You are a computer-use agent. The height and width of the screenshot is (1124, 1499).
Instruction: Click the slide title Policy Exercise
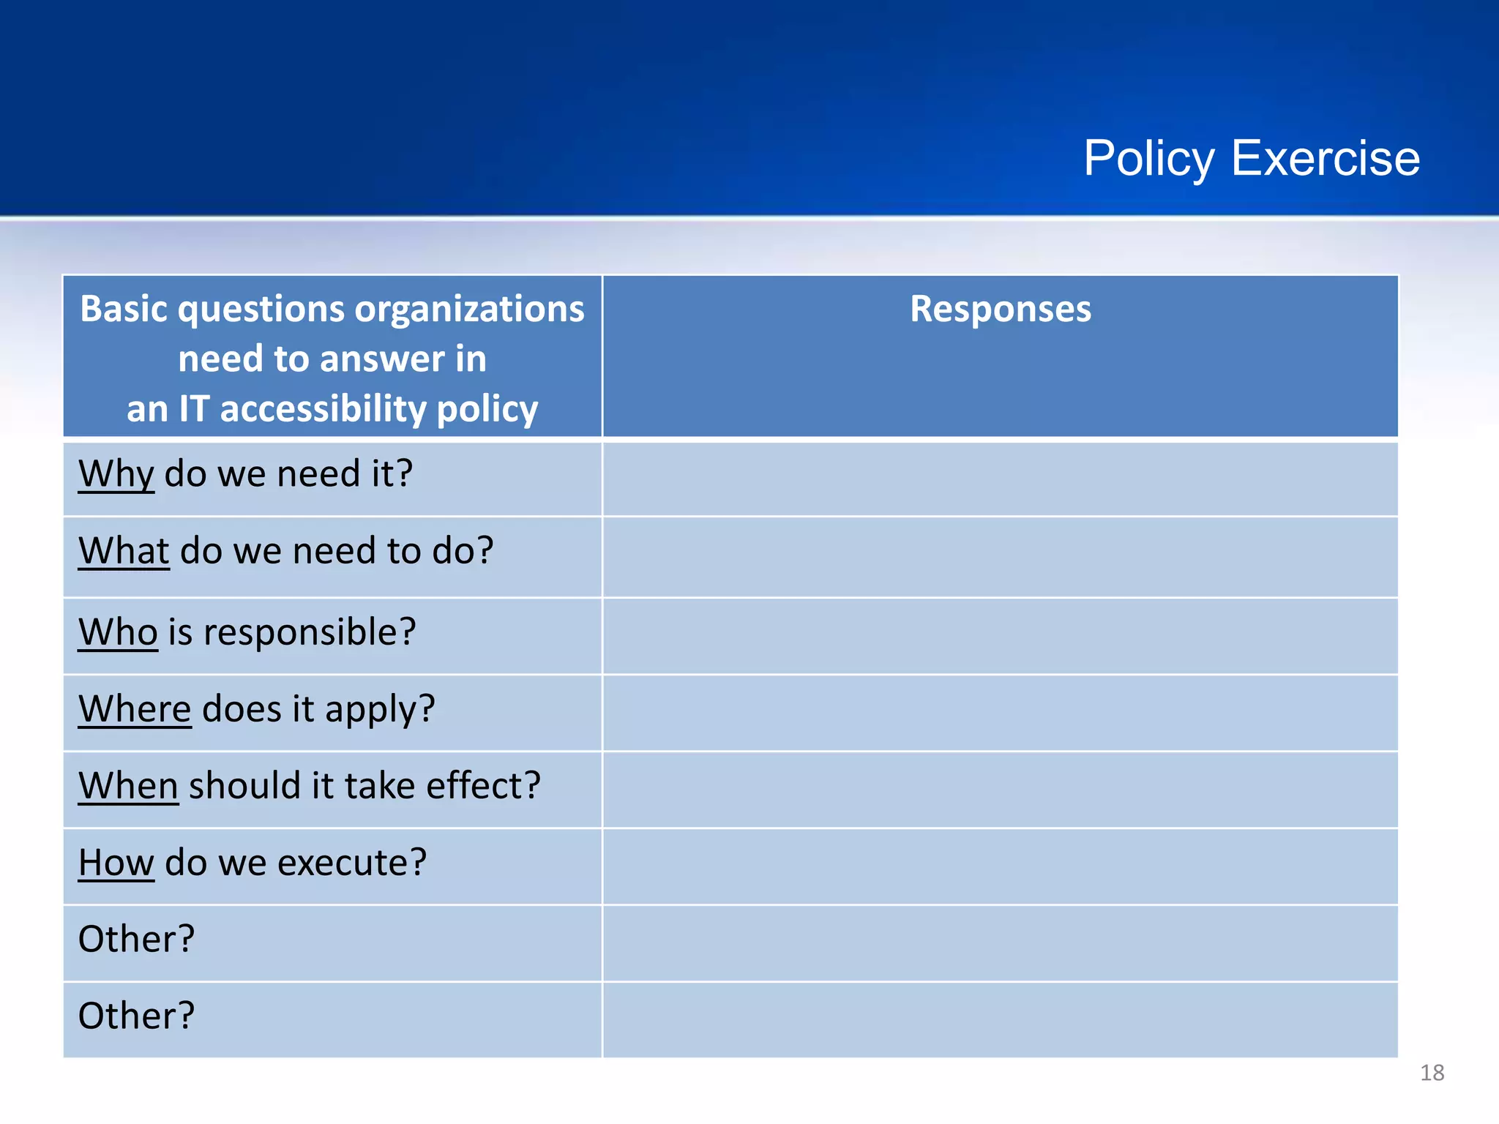(x=1251, y=159)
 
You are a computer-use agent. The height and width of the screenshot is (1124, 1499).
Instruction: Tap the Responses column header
(x=1000, y=309)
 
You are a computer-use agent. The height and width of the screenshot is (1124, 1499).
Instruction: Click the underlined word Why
(x=116, y=473)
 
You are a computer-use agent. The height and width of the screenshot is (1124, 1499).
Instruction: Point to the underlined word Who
(x=118, y=632)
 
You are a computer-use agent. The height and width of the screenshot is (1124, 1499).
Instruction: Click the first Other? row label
(x=136, y=939)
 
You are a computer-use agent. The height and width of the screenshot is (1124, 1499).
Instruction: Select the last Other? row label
(x=136, y=1016)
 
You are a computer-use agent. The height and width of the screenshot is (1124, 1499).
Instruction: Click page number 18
(x=1432, y=1073)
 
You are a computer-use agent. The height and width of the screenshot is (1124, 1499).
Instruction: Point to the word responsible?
(x=310, y=632)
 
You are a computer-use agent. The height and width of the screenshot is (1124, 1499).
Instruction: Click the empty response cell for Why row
(x=1000, y=479)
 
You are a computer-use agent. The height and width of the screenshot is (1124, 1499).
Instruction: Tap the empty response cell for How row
(x=1000, y=866)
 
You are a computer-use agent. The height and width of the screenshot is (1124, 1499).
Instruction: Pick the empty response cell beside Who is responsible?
(x=1000, y=636)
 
